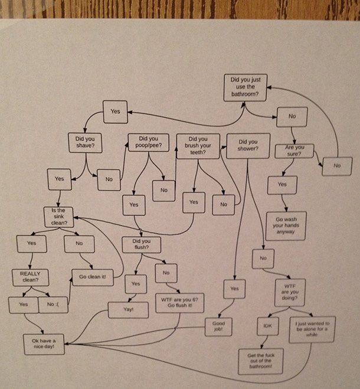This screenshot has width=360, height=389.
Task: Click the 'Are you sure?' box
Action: (x=294, y=151)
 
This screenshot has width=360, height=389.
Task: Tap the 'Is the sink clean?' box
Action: (x=59, y=217)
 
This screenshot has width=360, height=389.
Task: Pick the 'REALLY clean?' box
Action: (x=30, y=277)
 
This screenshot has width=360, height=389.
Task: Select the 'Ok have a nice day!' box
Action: (x=44, y=345)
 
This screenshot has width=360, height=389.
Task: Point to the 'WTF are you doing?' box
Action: (x=289, y=292)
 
